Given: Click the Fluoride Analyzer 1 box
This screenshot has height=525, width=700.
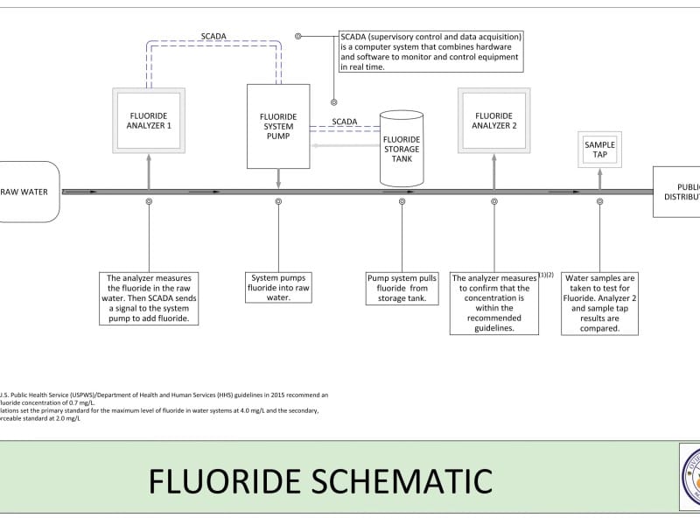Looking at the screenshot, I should pyautogui.click(x=149, y=120).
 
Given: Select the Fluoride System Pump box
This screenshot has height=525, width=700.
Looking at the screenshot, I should pyautogui.click(x=278, y=126).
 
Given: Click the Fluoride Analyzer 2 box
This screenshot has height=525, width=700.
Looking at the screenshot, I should pyautogui.click(x=494, y=120).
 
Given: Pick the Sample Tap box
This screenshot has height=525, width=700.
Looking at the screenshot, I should pyautogui.click(x=599, y=150).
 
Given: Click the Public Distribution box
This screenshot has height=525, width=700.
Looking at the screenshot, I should pyautogui.click(x=677, y=192).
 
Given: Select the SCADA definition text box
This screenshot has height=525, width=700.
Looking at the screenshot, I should pyautogui.click(x=431, y=52).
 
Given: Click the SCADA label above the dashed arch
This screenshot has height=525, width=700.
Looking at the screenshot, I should pyautogui.click(x=213, y=36).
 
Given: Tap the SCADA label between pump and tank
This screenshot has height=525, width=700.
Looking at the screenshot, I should pyautogui.click(x=344, y=122).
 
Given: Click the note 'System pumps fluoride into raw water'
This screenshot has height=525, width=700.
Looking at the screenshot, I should pyautogui.click(x=278, y=288).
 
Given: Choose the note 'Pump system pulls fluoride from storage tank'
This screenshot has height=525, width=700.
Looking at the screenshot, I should pyautogui.click(x=402, y=288).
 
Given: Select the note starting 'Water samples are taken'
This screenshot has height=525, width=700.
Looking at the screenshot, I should pyautogui.click(x=599, y=303).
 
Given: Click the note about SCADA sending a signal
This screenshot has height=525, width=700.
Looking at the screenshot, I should pyautogui.click(x=149, y=298).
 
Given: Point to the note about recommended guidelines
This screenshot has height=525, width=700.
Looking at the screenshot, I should pyautogui.click(x=494, y=303).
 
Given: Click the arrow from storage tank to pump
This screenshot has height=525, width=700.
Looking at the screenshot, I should pyautogui.click(x=345, y=143).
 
